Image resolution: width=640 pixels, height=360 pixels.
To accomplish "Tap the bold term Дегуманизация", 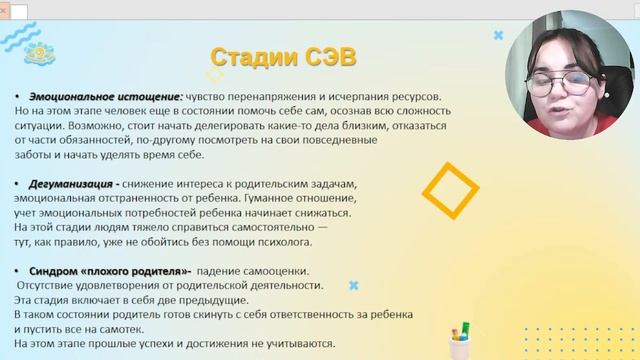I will [70, 185].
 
